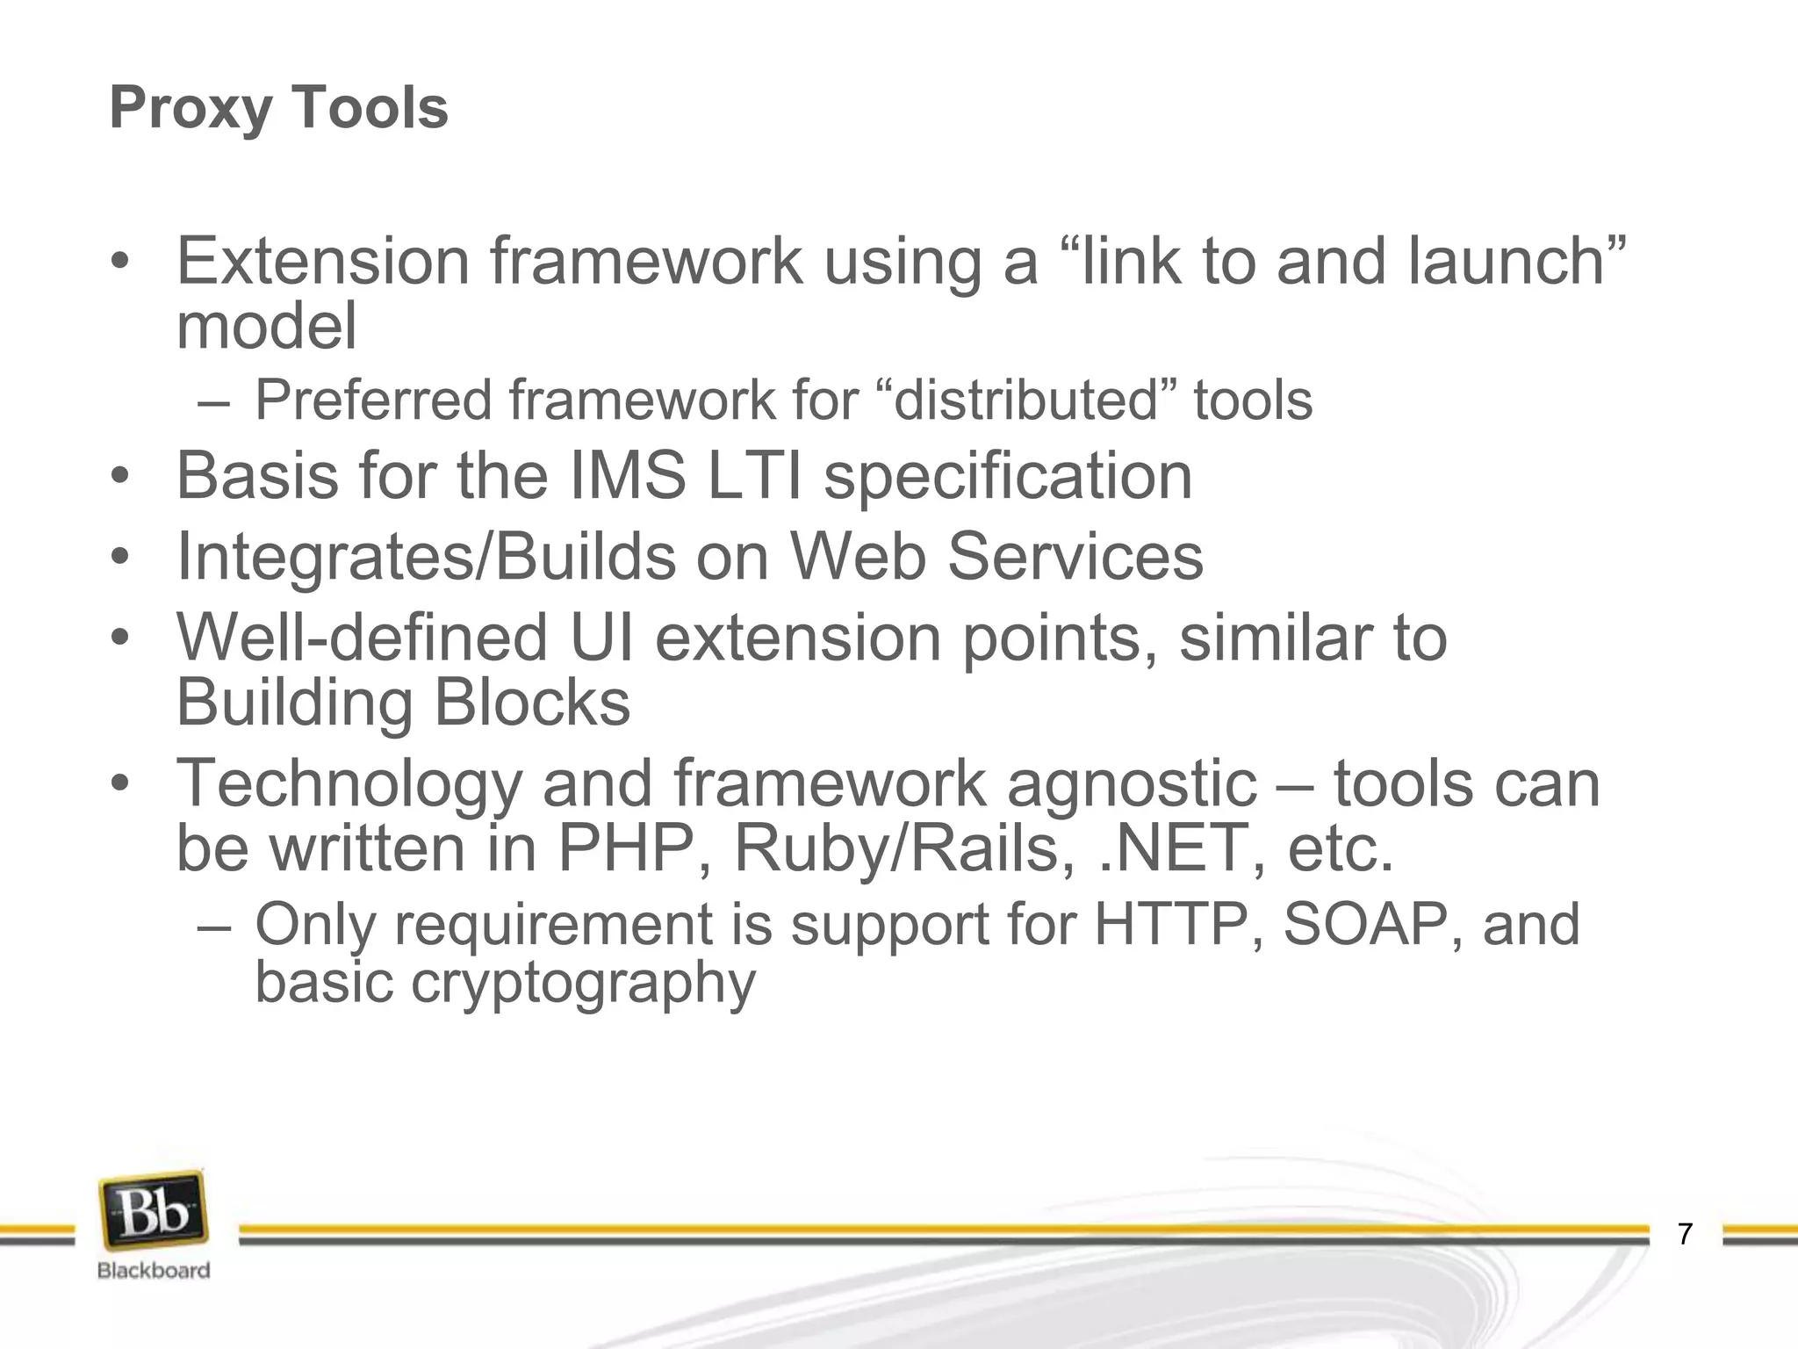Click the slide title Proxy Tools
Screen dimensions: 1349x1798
(x=278, y=108)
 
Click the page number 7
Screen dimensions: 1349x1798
(x=1684, y=1234)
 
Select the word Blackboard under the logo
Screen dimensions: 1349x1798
(x=154, y=1270)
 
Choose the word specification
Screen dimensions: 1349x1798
(x=1008, y=477)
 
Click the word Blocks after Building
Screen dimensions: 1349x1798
(x=532, y=703)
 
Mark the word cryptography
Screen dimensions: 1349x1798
(x=583, y=983)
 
